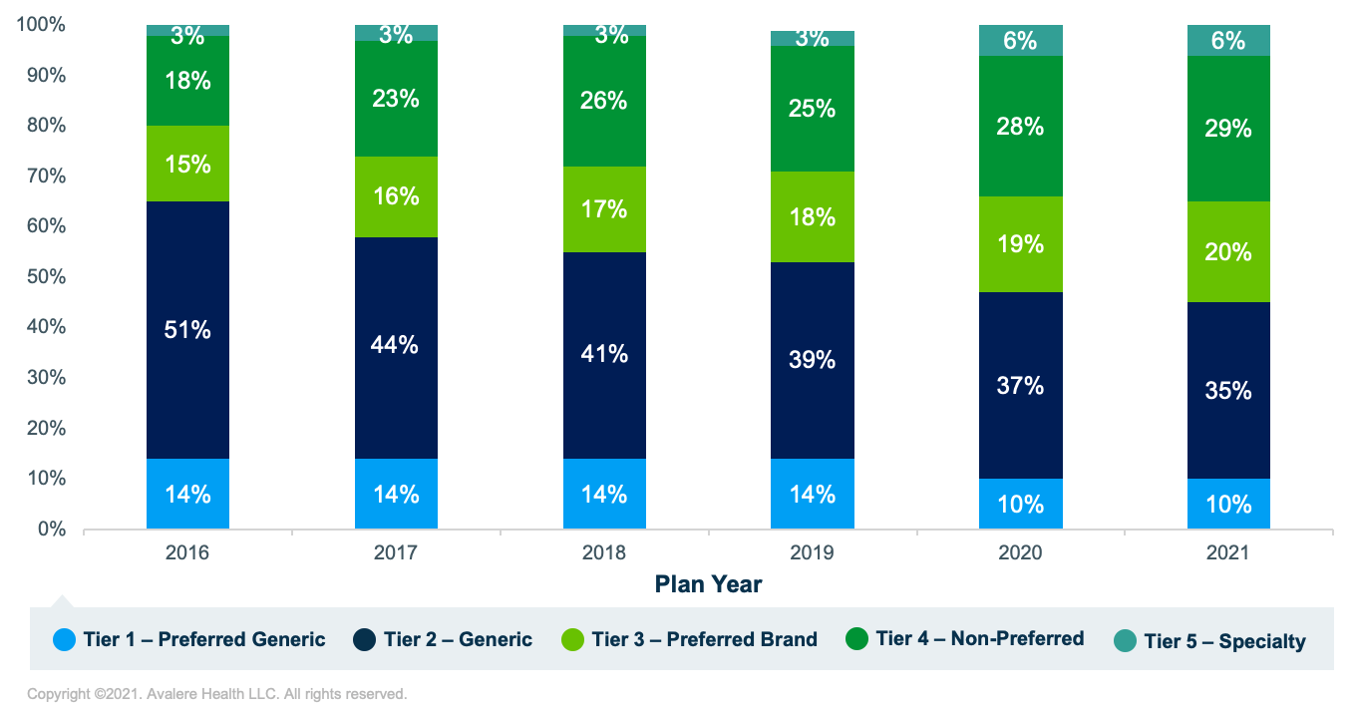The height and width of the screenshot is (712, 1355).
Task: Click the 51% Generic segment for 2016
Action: pos(187,330)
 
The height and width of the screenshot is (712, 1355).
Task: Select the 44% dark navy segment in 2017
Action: pos(396,347)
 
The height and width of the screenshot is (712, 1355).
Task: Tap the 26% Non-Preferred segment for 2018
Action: pos(604,101)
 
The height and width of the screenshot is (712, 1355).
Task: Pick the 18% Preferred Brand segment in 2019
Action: pos(812,216)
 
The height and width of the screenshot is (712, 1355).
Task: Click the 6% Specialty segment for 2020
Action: pos(1021,41)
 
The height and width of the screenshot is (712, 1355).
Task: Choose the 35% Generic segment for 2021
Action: pos(1228,391)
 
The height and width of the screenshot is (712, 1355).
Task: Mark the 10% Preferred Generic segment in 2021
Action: pos(1228,504)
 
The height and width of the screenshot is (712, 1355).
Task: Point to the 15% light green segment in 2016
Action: pos(187,164)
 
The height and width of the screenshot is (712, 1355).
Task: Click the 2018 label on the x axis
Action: pos(604,552)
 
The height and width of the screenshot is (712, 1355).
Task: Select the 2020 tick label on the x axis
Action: pos(1021,552)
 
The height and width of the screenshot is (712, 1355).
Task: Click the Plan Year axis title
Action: pos(708,584)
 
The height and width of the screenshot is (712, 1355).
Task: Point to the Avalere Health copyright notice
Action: pos(216,694)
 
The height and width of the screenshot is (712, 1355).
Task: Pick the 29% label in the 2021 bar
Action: pos(1228,129)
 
